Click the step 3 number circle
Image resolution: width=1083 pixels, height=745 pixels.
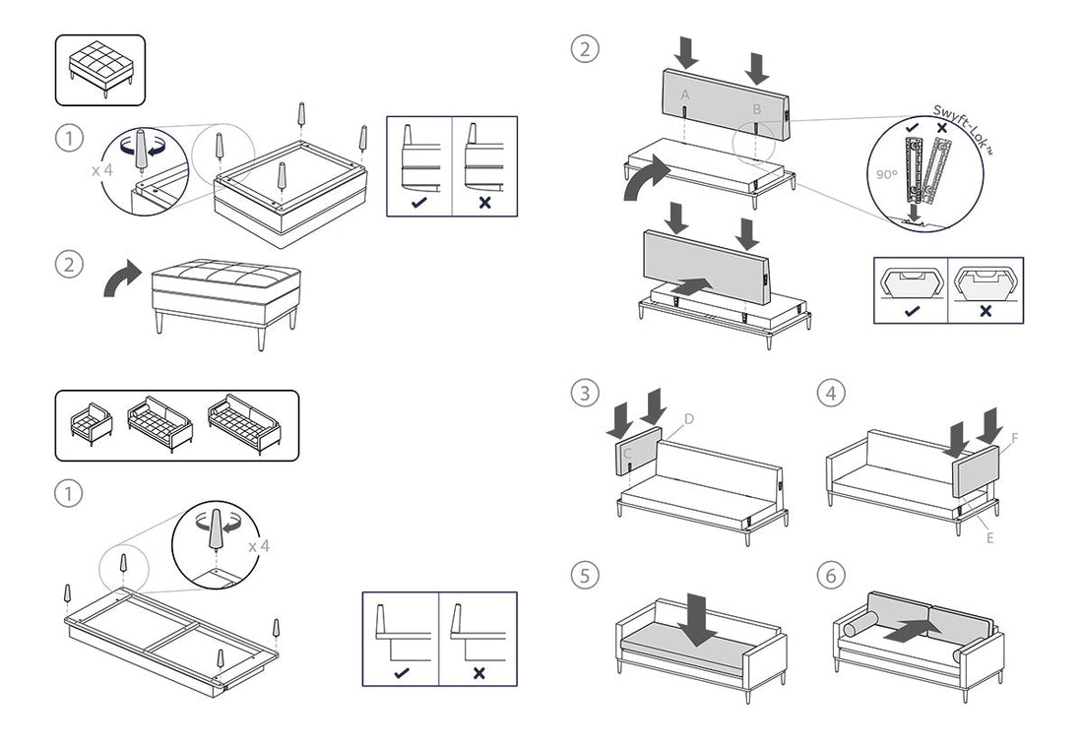pyautogui.click(x=585, y=394)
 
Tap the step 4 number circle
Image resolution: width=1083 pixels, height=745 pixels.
pyautogui.click(x=831, y=394)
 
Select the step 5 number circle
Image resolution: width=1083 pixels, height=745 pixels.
pyautogui.click(x=585, y=575)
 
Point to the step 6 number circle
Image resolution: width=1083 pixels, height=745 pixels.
pyautogui.click(x=831, y=575)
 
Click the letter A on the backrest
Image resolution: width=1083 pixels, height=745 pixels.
pyautogui.click(x=685, y=94)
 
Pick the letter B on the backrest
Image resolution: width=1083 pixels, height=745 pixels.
pyautogui.click(x=756, y=108)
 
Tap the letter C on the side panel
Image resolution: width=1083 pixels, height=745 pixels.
pyautogui.click(x=627, y=452)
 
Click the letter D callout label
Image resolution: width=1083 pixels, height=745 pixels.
pyautogui.click(x=689, y=419)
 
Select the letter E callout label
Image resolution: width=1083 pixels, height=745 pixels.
pyautogui.click(x=989, y=537)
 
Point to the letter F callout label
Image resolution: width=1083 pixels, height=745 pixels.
pyautogui.click(x=1014, y=435)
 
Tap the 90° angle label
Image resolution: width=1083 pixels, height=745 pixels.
pyautogui.click(x=886, y=174)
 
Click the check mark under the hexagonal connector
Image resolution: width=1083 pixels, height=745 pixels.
pyautogui.click(x=910, y=310)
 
